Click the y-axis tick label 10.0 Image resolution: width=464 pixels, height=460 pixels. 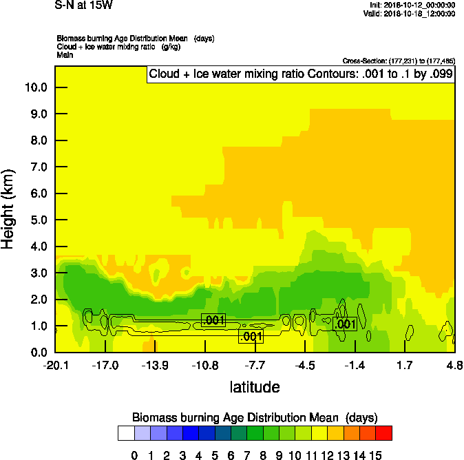coord(35,87)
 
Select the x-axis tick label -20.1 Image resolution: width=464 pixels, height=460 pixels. coord(55,364)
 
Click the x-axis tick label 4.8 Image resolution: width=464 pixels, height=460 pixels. coord(454,364)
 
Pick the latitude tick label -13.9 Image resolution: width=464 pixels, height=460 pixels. coord(155,364)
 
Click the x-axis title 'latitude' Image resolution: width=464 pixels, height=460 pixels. coord(255,387)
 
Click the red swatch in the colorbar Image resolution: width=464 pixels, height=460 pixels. coord(383,433)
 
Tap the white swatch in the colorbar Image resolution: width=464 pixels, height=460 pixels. coord(126,433)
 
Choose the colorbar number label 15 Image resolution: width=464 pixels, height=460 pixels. coord(375,455)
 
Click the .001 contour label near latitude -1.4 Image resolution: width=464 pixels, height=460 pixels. coord(344,324)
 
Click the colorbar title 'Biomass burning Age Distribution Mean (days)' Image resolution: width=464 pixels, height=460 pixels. coord(255,417)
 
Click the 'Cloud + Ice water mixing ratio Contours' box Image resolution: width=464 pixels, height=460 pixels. coord(301,74)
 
